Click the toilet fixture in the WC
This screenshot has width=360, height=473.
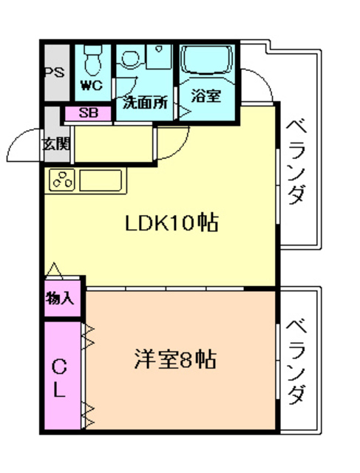point(92,58)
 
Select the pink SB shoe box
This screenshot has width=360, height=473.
point(87,113)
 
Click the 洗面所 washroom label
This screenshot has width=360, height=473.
point(145,102)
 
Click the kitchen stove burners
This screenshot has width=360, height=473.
point(62,180)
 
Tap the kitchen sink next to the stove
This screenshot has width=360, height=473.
point(100,180)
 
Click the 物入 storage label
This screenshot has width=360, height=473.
point(60,299)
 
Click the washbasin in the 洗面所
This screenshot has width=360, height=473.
point(132,59)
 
